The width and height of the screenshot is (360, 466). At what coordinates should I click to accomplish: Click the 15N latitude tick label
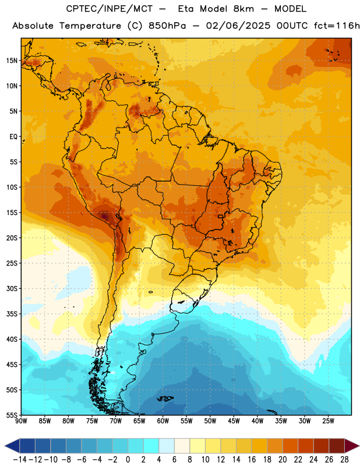coord(12,61)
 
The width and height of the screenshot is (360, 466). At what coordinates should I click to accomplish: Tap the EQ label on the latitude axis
coord(13,137)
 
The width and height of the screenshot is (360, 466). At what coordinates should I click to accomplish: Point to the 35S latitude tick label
coord(12,314)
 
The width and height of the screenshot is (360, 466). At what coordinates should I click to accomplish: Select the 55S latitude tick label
coord(12,415)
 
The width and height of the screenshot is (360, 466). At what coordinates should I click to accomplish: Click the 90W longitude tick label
coord(21,421)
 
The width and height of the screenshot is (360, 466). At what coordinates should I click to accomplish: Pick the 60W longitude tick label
coord(163,421)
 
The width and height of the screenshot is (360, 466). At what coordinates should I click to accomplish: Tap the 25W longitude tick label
coord(328,421)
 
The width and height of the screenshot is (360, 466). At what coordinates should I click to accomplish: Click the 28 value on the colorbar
coord(344,460)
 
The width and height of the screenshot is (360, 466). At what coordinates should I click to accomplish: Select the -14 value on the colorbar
coord(20,460)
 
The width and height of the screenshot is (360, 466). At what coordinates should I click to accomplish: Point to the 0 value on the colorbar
coord(128,460)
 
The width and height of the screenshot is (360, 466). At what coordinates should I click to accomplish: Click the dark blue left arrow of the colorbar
coord(12,446)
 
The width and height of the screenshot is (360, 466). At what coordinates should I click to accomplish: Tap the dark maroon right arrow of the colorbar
coord(352,446)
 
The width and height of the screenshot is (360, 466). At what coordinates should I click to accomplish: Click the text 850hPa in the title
coord(167,26)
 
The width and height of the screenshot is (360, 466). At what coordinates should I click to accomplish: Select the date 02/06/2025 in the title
coord(238,26)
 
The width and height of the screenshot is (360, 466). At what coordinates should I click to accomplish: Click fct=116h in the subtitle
coord(337,26)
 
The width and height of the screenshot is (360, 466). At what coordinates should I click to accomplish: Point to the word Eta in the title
coord(186,9)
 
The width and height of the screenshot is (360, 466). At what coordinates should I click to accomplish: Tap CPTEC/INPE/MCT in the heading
coord(109,9)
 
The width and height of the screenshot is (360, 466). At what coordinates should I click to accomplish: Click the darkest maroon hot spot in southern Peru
coord(104,216)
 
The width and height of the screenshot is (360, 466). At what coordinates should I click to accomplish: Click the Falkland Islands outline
coord(165,398)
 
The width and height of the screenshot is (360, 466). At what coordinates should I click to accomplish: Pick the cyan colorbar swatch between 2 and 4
coord(151,446)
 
